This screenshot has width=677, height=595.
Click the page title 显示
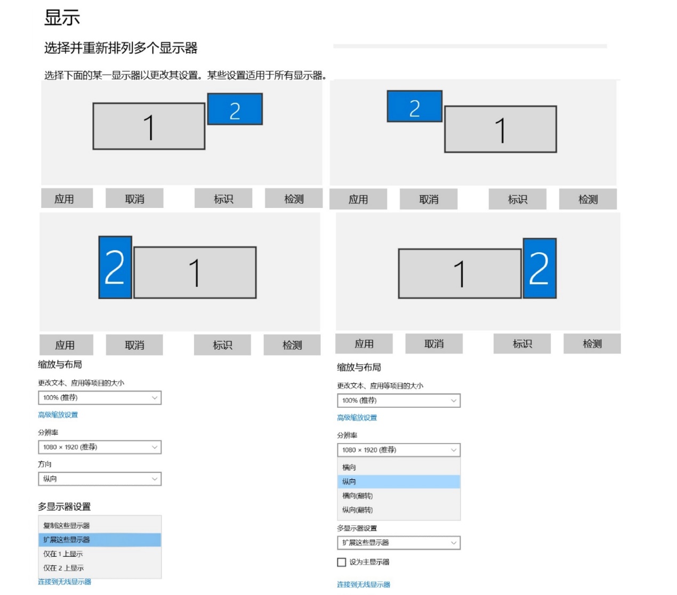[x=62, y=18]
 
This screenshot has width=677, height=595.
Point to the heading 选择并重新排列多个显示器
[x=120, y=48]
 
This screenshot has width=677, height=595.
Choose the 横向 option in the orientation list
[x=349, y=468]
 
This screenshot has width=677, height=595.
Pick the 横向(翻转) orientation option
[x=357, y=496]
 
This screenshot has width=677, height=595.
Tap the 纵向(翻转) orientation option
[x=357, y=510]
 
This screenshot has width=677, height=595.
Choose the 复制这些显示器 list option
[x=67, y=526]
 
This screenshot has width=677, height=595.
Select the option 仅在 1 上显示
[x=63, y=554]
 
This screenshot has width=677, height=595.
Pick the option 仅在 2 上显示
[x=63, y=568]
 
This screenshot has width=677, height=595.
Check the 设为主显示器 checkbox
[x=342, y=562]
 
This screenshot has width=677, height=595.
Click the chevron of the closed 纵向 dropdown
[x=155, y=479]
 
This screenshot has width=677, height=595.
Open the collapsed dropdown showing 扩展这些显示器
[x=399, y=543]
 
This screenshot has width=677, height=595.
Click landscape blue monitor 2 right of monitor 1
[x=235, y=109]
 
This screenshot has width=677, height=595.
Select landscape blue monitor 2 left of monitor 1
[x=415, y=107]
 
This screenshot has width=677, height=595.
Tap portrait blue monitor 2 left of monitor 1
[x=115, y=267]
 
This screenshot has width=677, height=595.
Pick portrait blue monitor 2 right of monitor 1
[x=539, y=268]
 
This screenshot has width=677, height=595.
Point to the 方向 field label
[x=45, y=464]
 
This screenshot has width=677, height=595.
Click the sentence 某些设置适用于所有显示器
[x=267, y=76]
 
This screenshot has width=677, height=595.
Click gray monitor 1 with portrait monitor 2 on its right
[x=460, y=274]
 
